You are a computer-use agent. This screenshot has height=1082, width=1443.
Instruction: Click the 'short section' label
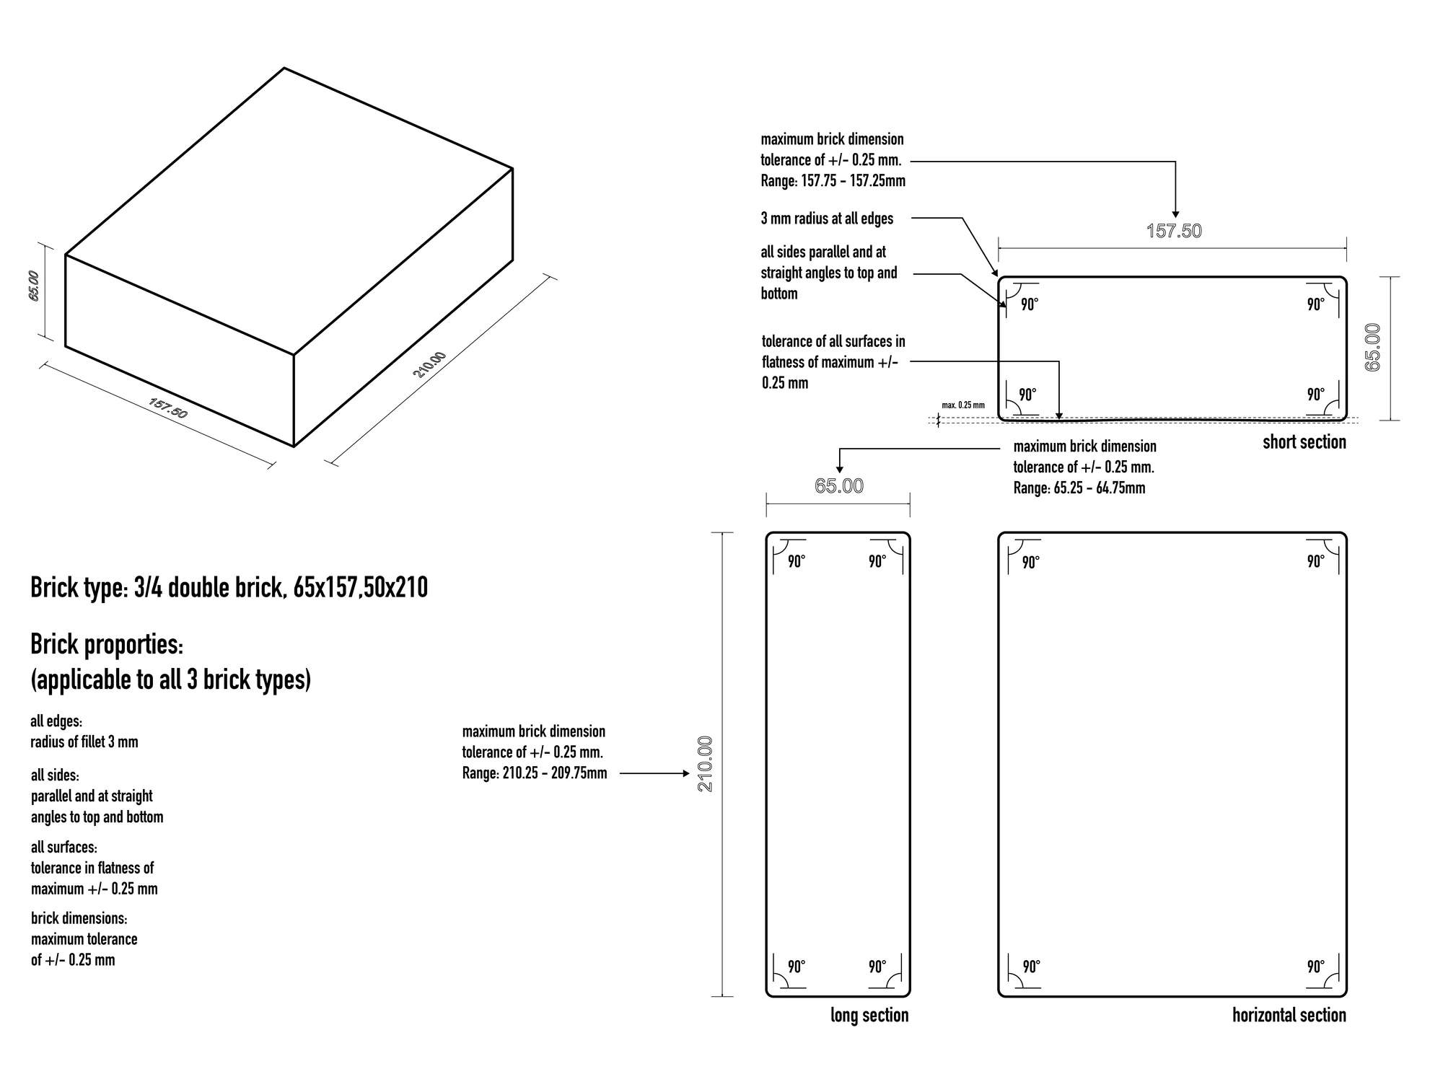pyautogui.click(x=1304, y=442)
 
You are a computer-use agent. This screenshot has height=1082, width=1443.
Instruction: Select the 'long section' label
pyautogui.click(x=869, y=1015)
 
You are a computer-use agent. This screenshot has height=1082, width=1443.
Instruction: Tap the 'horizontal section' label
pyautogui.click(x=1289, y=1015)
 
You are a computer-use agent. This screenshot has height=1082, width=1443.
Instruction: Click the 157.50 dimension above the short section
pyautogui.click(x=1175, y=231)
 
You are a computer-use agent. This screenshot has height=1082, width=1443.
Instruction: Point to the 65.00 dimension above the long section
pyautogui.click(x=839, y=486)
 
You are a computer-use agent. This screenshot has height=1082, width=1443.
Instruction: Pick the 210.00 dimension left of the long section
pyautogui.click(x=705, y=764)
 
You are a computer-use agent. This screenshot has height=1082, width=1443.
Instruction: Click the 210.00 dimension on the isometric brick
pyautogui.click(x=429, y=364)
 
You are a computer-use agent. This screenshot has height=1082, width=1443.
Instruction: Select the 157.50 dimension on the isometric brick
pyautogui.click(x=168, y=408)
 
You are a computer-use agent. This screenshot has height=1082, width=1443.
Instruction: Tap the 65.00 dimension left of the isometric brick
pyautogui.click(x=34, y=286)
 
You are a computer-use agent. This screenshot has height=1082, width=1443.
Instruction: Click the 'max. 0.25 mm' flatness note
pyautogui.click(x=963, y=405)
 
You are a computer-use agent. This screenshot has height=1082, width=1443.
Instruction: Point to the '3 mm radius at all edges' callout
pyautogui.click(x=827, y=219)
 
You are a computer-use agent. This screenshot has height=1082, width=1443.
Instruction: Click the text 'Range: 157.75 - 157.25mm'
pyautogui.click(x=833, y=181)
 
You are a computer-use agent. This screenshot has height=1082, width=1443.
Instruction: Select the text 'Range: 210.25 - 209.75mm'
pyautogui.click(x=535, y=773)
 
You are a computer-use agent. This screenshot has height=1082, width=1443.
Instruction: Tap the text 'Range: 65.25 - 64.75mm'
pyautogui.click(x=1079, y=488)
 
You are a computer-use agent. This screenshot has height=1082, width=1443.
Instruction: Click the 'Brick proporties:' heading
pyautogui.click(x=107, y=644)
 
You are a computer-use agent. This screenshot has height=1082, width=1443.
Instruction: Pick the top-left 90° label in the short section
pyautogui.click(x=1030, y=304)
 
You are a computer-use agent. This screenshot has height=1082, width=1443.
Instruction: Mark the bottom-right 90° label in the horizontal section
pyautogui.click(x=1316, y=967)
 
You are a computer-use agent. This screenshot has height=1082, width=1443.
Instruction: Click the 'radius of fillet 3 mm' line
pyautogui.click(x=84, y=742)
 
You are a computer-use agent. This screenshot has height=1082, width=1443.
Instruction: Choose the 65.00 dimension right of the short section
pyautogui.click(x=1373, y=348)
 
